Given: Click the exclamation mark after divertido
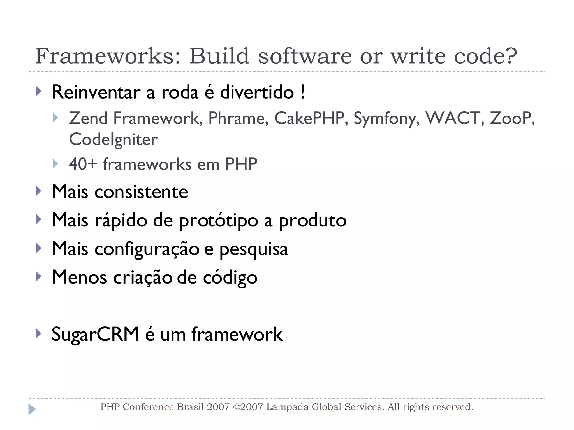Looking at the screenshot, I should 303,92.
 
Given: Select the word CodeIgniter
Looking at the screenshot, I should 113,139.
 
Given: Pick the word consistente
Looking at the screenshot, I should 141,192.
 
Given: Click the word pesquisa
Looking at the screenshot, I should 254,249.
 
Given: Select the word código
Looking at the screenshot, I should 230,278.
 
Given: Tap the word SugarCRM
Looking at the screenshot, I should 95,334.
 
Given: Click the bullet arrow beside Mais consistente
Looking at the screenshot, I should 38,191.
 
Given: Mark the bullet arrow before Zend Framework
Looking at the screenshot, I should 55,118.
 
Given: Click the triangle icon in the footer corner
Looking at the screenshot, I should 32,409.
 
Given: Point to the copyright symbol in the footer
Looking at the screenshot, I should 237,407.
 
